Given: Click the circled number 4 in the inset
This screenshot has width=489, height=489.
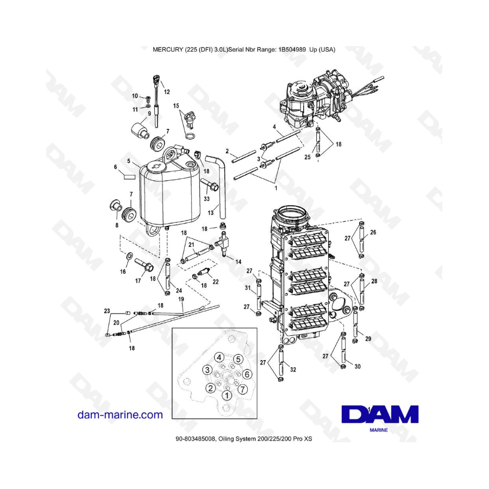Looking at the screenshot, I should (x=218, y=357).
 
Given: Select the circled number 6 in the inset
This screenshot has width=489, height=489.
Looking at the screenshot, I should (x=246, y=374).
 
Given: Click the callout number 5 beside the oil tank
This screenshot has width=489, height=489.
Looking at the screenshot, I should (x=129, y=161).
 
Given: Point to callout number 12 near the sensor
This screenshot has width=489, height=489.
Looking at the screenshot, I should (x=167, y=91).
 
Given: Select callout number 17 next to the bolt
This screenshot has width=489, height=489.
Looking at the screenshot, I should (x=138, y=281).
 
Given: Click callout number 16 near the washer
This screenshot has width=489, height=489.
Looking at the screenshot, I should (x=122, y=271).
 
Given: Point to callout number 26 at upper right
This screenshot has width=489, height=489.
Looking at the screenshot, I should (x=373, y=232).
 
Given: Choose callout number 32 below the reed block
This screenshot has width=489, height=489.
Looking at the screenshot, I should (x=293, y=370).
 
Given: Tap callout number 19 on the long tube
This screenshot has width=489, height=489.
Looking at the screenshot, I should (x=180, y=299).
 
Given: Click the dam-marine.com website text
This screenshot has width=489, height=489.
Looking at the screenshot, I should (x=120, y=415).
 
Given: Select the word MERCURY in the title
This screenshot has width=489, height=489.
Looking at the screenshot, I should (x=171, y=49).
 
